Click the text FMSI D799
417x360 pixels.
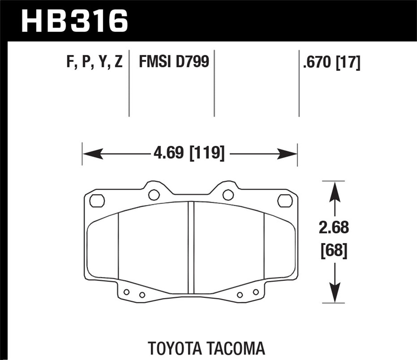point(174,62)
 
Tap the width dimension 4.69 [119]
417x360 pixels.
point(189,153)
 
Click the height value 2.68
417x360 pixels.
point(334,228)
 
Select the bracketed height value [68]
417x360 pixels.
point(334,251)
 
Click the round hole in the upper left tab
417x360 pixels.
point(154,195)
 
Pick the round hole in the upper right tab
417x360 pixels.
point(227,195)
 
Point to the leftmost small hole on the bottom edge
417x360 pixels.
point(126,292)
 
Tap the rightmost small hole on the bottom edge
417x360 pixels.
point(255,292)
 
